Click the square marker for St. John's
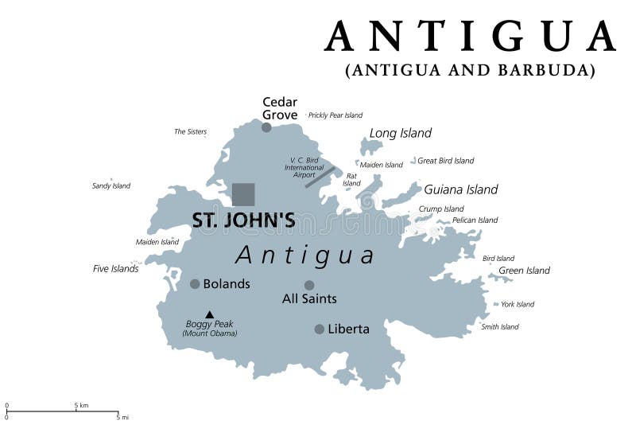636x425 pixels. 243,194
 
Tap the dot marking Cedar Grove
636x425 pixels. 266,127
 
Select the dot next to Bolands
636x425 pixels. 195,283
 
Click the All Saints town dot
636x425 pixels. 309,285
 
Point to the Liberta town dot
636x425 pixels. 319,329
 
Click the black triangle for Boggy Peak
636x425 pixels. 210,314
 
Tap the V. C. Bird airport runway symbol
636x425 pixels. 320,177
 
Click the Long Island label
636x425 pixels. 400,133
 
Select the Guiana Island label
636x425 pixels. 460,189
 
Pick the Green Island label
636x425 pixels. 524,271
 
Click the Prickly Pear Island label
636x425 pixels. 335,115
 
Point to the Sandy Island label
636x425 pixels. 111,186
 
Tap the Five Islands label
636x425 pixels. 116,269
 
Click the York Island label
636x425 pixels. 518,304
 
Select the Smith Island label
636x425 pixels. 500,326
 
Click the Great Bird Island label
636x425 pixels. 446,161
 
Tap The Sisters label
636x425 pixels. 190,131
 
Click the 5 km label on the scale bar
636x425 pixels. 81,406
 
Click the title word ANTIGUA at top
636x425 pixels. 470,36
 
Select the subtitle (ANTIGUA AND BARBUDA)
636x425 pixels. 470,70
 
